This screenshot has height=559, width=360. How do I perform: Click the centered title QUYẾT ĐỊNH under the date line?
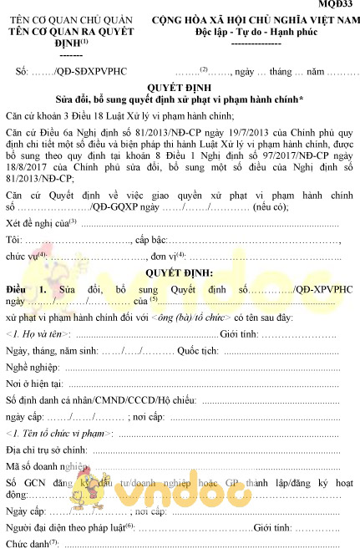tap(179, 86)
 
